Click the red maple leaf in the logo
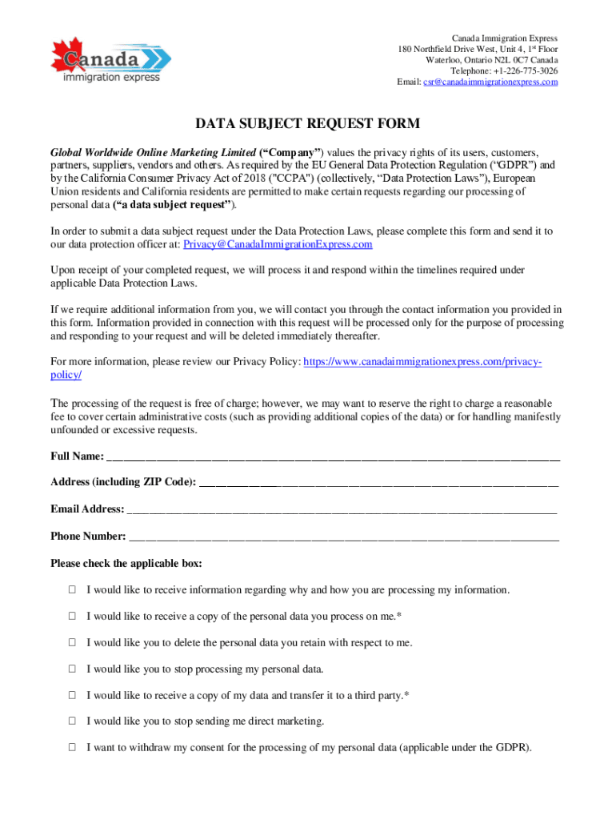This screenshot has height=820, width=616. click(x=67, y=50)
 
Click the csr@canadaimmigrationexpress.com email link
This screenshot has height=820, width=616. click(x=490, y=82)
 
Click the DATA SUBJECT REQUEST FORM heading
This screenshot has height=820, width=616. click(x=308, y=124)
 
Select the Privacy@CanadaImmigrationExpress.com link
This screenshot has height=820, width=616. click(x=278, y=244)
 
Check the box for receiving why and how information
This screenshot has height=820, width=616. click(x=72, y=590)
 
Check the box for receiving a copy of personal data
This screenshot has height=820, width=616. click(x=72, y=617)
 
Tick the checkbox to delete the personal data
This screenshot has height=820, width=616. click(x=72, y=642)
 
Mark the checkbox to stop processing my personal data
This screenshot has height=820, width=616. click(x=72, y=669)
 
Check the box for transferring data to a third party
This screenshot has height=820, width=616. click(x=72, y=695)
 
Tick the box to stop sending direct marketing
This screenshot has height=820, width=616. click(x=72, y=722)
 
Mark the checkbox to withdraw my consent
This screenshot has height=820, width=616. click(x=72, y=748)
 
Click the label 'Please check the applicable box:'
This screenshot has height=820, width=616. click(x=126, y=564)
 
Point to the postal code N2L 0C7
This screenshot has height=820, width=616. click(x=506, y=60)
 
